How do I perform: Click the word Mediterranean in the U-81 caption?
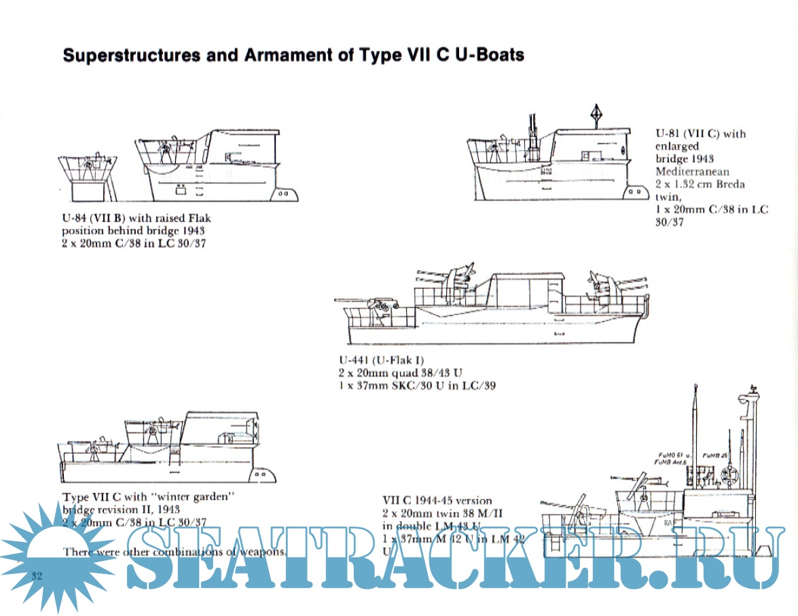tap(692, 171)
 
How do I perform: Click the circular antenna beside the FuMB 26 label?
tap(731, 471)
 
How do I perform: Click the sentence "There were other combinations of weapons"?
tap(175, 551)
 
